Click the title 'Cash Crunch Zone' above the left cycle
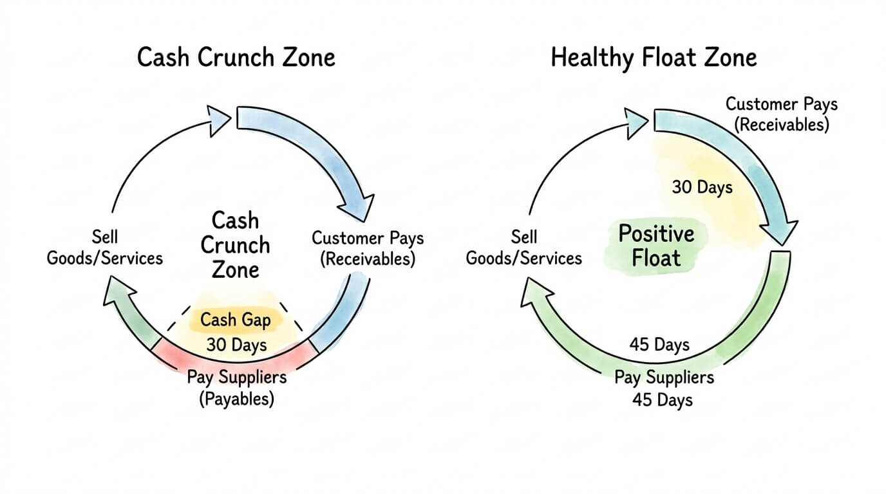(236, 57)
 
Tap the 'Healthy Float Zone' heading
(654, 57)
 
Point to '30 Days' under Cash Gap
(236, 344)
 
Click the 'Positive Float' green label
(655, 246)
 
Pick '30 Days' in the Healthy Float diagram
(702, 187)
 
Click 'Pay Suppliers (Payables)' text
(236, 387)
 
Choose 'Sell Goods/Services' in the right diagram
(523, 248)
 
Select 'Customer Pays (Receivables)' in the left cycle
(368, 248)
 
